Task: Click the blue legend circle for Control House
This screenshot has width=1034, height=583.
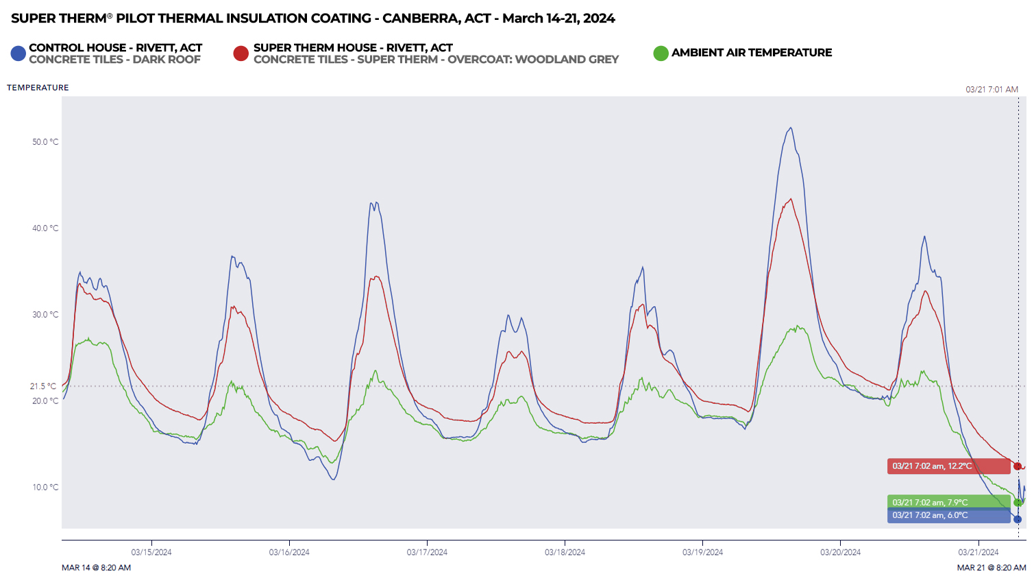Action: [19, 53]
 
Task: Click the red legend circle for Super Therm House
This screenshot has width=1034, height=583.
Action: [241, 53]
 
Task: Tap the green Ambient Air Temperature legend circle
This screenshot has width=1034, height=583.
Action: [661, 53]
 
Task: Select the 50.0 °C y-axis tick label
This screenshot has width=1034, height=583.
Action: [45, 142]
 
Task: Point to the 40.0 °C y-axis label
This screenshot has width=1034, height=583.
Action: [45, 228]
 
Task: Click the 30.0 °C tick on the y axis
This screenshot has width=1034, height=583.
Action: [45, 315]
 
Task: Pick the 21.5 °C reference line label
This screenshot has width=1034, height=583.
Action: [43, 386]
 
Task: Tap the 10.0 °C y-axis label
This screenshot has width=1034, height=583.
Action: [45, 487]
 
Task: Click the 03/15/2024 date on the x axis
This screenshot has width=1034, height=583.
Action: [151, 552]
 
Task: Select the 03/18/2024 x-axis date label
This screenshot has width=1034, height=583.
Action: [565, 552]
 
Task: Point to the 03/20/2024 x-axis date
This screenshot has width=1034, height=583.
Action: [840, 552]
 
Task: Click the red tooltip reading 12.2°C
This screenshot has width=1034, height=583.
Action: [948, 466]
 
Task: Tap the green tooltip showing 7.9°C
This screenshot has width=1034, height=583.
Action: [948, 502]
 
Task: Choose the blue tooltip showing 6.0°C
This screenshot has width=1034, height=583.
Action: [948, 515]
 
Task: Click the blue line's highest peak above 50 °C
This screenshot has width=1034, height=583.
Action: [791, 128]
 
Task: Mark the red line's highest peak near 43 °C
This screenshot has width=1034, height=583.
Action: [791, 200]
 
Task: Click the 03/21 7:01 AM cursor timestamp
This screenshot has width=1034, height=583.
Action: [992, 89]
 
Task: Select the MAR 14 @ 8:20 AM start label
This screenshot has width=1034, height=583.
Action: [96, 568]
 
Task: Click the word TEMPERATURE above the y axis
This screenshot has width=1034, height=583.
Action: [38, 88]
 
